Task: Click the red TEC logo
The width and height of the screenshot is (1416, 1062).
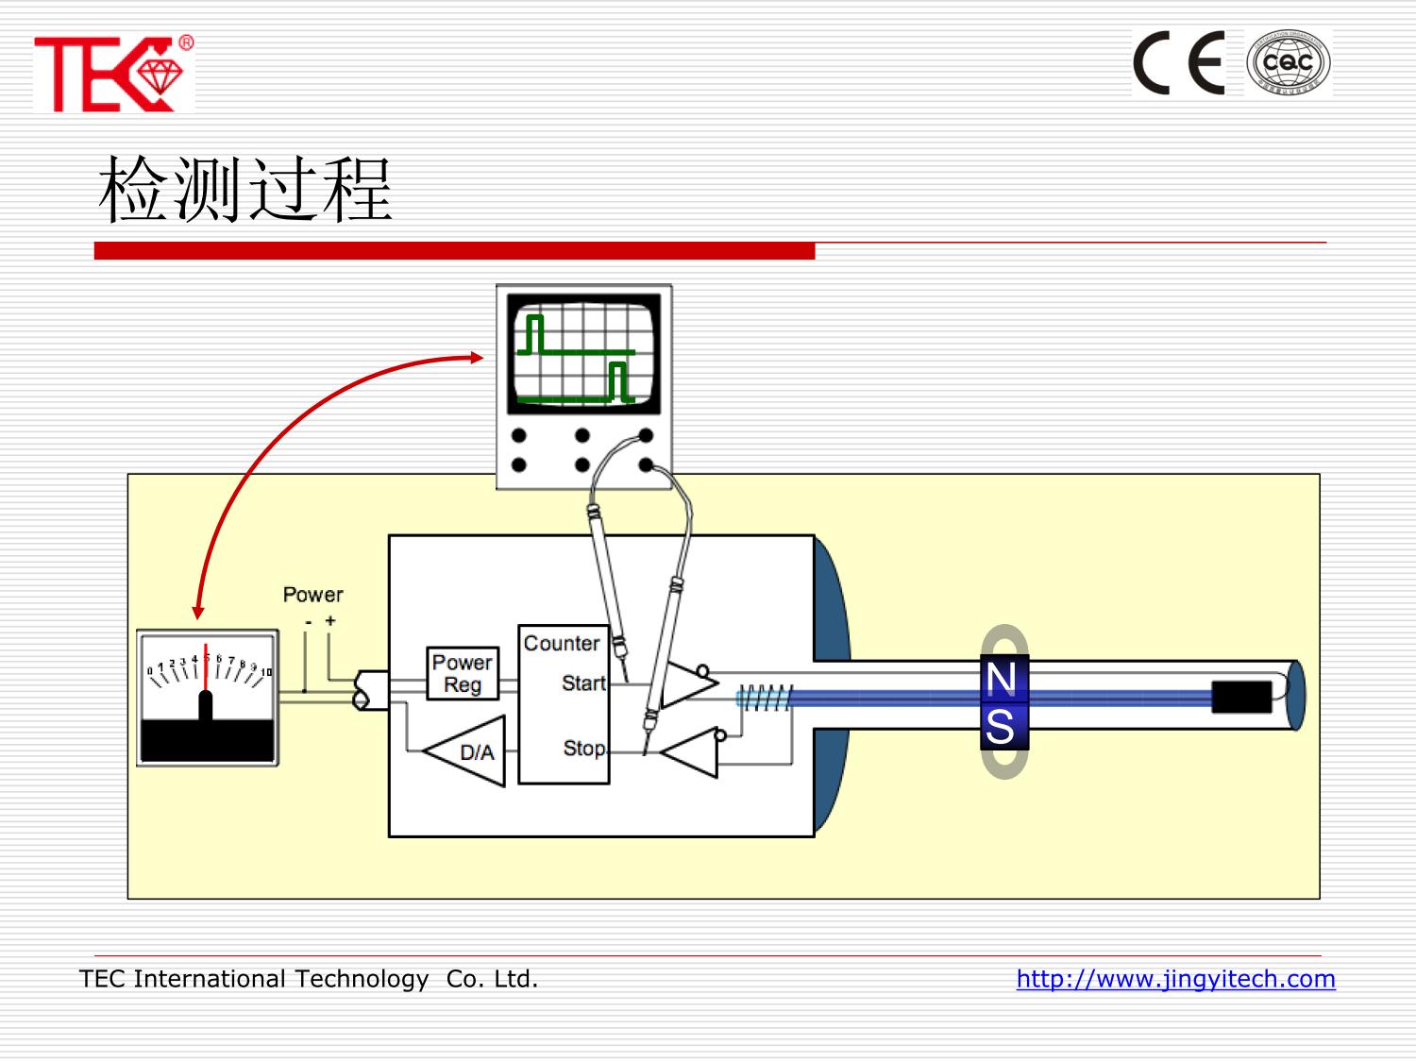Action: [113, 74]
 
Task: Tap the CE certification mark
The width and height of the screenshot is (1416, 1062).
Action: [1179, 62]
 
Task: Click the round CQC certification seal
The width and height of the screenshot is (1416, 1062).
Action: [1288, 62]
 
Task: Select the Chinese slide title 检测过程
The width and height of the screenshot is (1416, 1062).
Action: [245, 190]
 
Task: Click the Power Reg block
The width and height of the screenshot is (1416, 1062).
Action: [463, 673]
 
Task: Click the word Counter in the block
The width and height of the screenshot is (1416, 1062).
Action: [562, 643]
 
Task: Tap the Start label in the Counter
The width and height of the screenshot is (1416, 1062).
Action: [583, 683]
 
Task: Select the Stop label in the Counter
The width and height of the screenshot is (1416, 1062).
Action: [583, 748]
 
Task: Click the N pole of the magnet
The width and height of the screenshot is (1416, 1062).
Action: [1002, 679]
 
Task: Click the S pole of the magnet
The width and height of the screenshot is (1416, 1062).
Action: [1002, 727]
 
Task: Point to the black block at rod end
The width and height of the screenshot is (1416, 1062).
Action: [1241, 697]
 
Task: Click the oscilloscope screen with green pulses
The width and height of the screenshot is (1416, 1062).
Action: [583, 354]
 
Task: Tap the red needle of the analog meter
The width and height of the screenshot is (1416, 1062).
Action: [206, 666]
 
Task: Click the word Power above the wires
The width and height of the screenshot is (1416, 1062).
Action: [312, 595]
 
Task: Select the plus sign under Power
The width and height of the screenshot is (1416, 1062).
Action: [330, 620]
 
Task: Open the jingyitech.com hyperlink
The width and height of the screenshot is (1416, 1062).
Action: [1175, 979]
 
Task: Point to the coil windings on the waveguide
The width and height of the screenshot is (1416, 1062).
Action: [764, 698]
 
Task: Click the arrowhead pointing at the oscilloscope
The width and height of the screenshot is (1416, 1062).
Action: [477, 357]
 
